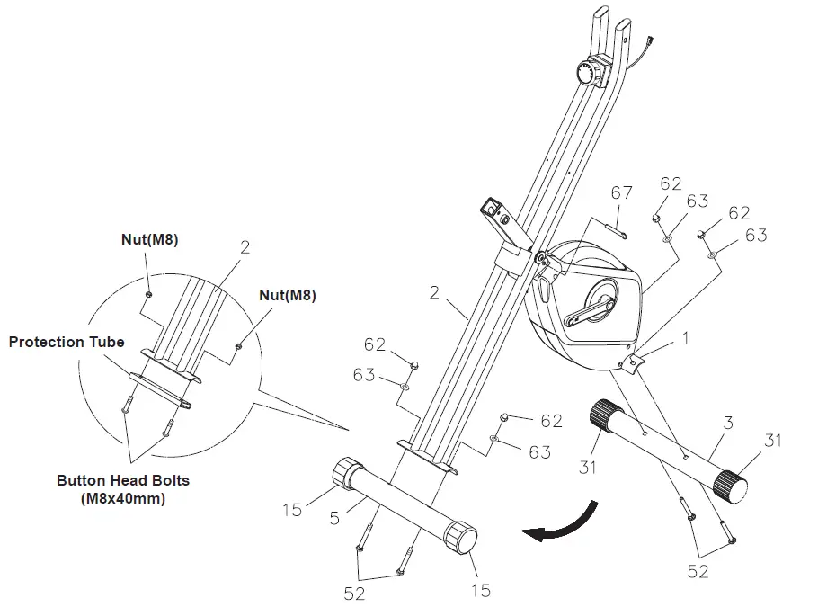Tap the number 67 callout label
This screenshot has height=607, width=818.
622,192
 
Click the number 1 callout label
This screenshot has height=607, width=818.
688,340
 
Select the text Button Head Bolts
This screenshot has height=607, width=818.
123,480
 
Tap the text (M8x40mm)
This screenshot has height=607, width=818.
123,497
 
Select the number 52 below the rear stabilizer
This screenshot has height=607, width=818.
698,571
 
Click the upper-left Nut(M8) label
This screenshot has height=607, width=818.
149,240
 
